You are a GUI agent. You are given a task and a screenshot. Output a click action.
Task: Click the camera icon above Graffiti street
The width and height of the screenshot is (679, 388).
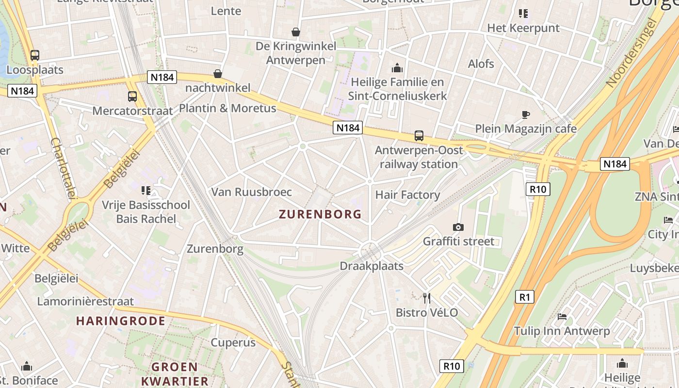click(458, 227)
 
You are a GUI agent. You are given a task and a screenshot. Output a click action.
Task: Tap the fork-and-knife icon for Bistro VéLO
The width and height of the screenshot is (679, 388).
click(427, 298)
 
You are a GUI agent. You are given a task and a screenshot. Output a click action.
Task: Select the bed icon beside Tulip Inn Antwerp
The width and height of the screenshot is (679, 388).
click(562, 317)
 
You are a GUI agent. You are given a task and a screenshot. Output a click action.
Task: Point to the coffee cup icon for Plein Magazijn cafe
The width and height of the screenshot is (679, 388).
click(525, 114)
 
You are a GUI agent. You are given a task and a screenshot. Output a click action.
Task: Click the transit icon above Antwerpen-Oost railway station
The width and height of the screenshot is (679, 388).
click(419, 136)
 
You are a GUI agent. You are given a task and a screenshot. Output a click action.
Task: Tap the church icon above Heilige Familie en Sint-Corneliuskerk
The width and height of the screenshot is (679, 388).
click(397, 67)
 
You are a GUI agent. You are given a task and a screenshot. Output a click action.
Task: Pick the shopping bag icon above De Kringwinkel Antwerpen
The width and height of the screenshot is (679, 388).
click(296, 32)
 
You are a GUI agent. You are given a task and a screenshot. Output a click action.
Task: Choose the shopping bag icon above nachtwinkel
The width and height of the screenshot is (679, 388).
click(218, 74)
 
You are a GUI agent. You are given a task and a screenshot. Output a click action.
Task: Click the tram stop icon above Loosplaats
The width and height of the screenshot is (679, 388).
click(35, 55)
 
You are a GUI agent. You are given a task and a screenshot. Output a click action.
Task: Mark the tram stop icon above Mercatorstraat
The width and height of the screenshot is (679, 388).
click(132, 96)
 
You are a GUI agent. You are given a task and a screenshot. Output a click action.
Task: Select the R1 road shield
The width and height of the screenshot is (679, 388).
click(524, 296)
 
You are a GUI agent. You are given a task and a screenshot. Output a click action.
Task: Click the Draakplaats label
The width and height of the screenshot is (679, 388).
click(372, 266)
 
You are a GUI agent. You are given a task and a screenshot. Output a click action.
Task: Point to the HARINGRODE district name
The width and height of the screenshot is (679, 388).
click(121, 321)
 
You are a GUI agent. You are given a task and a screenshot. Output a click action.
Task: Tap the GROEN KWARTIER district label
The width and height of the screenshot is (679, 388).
click(174, 373)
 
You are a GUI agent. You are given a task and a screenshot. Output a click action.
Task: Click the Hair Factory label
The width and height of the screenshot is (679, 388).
click(407, 195)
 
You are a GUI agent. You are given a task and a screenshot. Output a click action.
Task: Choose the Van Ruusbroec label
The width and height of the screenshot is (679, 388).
click(251, 192)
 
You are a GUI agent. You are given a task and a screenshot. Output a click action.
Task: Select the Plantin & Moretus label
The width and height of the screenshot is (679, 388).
click(227, 108)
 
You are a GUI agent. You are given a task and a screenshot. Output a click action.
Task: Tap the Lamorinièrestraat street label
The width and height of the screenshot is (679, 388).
click(85, 301)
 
